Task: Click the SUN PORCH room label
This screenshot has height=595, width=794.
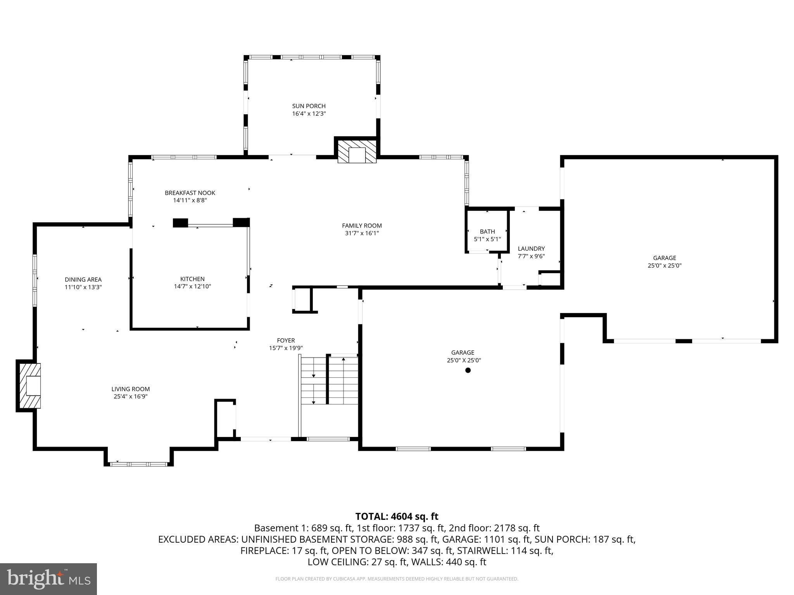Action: point(309,106)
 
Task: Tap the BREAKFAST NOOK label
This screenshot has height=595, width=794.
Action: point(190,193)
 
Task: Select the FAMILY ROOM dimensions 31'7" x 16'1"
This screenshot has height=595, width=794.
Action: point(361,233)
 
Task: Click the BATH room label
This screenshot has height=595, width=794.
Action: point(487,232)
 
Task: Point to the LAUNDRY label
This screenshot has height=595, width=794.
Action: point(531,249)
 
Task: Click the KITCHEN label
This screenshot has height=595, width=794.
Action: point(192,279)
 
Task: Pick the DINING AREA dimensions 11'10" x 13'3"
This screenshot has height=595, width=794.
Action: point(83,287)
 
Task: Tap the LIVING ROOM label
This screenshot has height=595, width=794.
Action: point(130,389)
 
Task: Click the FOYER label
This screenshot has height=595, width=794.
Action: point(286,340)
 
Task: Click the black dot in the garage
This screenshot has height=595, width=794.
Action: point(468,370)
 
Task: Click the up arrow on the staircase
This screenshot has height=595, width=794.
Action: point(343,360)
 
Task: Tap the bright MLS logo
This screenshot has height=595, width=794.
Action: point(48,579)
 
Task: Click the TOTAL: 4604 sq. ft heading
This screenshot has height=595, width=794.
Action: point(397,516)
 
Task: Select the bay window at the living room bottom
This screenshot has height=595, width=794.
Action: point(138,464)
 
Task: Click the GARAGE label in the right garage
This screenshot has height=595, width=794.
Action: point(664,258)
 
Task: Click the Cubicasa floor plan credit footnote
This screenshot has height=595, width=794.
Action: point(397,579)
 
